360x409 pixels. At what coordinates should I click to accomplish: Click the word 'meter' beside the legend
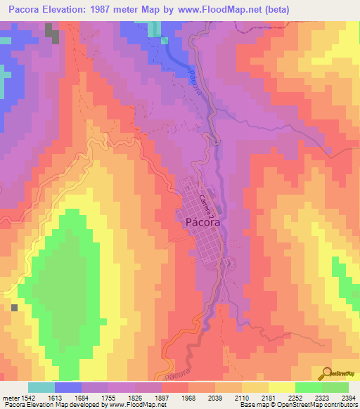(x=9, y=397)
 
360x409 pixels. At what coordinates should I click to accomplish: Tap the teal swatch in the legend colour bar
(x=41, y=387)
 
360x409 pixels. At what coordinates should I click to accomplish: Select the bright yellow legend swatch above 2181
(x=281, y=387)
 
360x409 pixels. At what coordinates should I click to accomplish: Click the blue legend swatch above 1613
(x=68, y=387)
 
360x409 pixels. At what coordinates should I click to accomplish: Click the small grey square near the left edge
(x=15, y=307)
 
